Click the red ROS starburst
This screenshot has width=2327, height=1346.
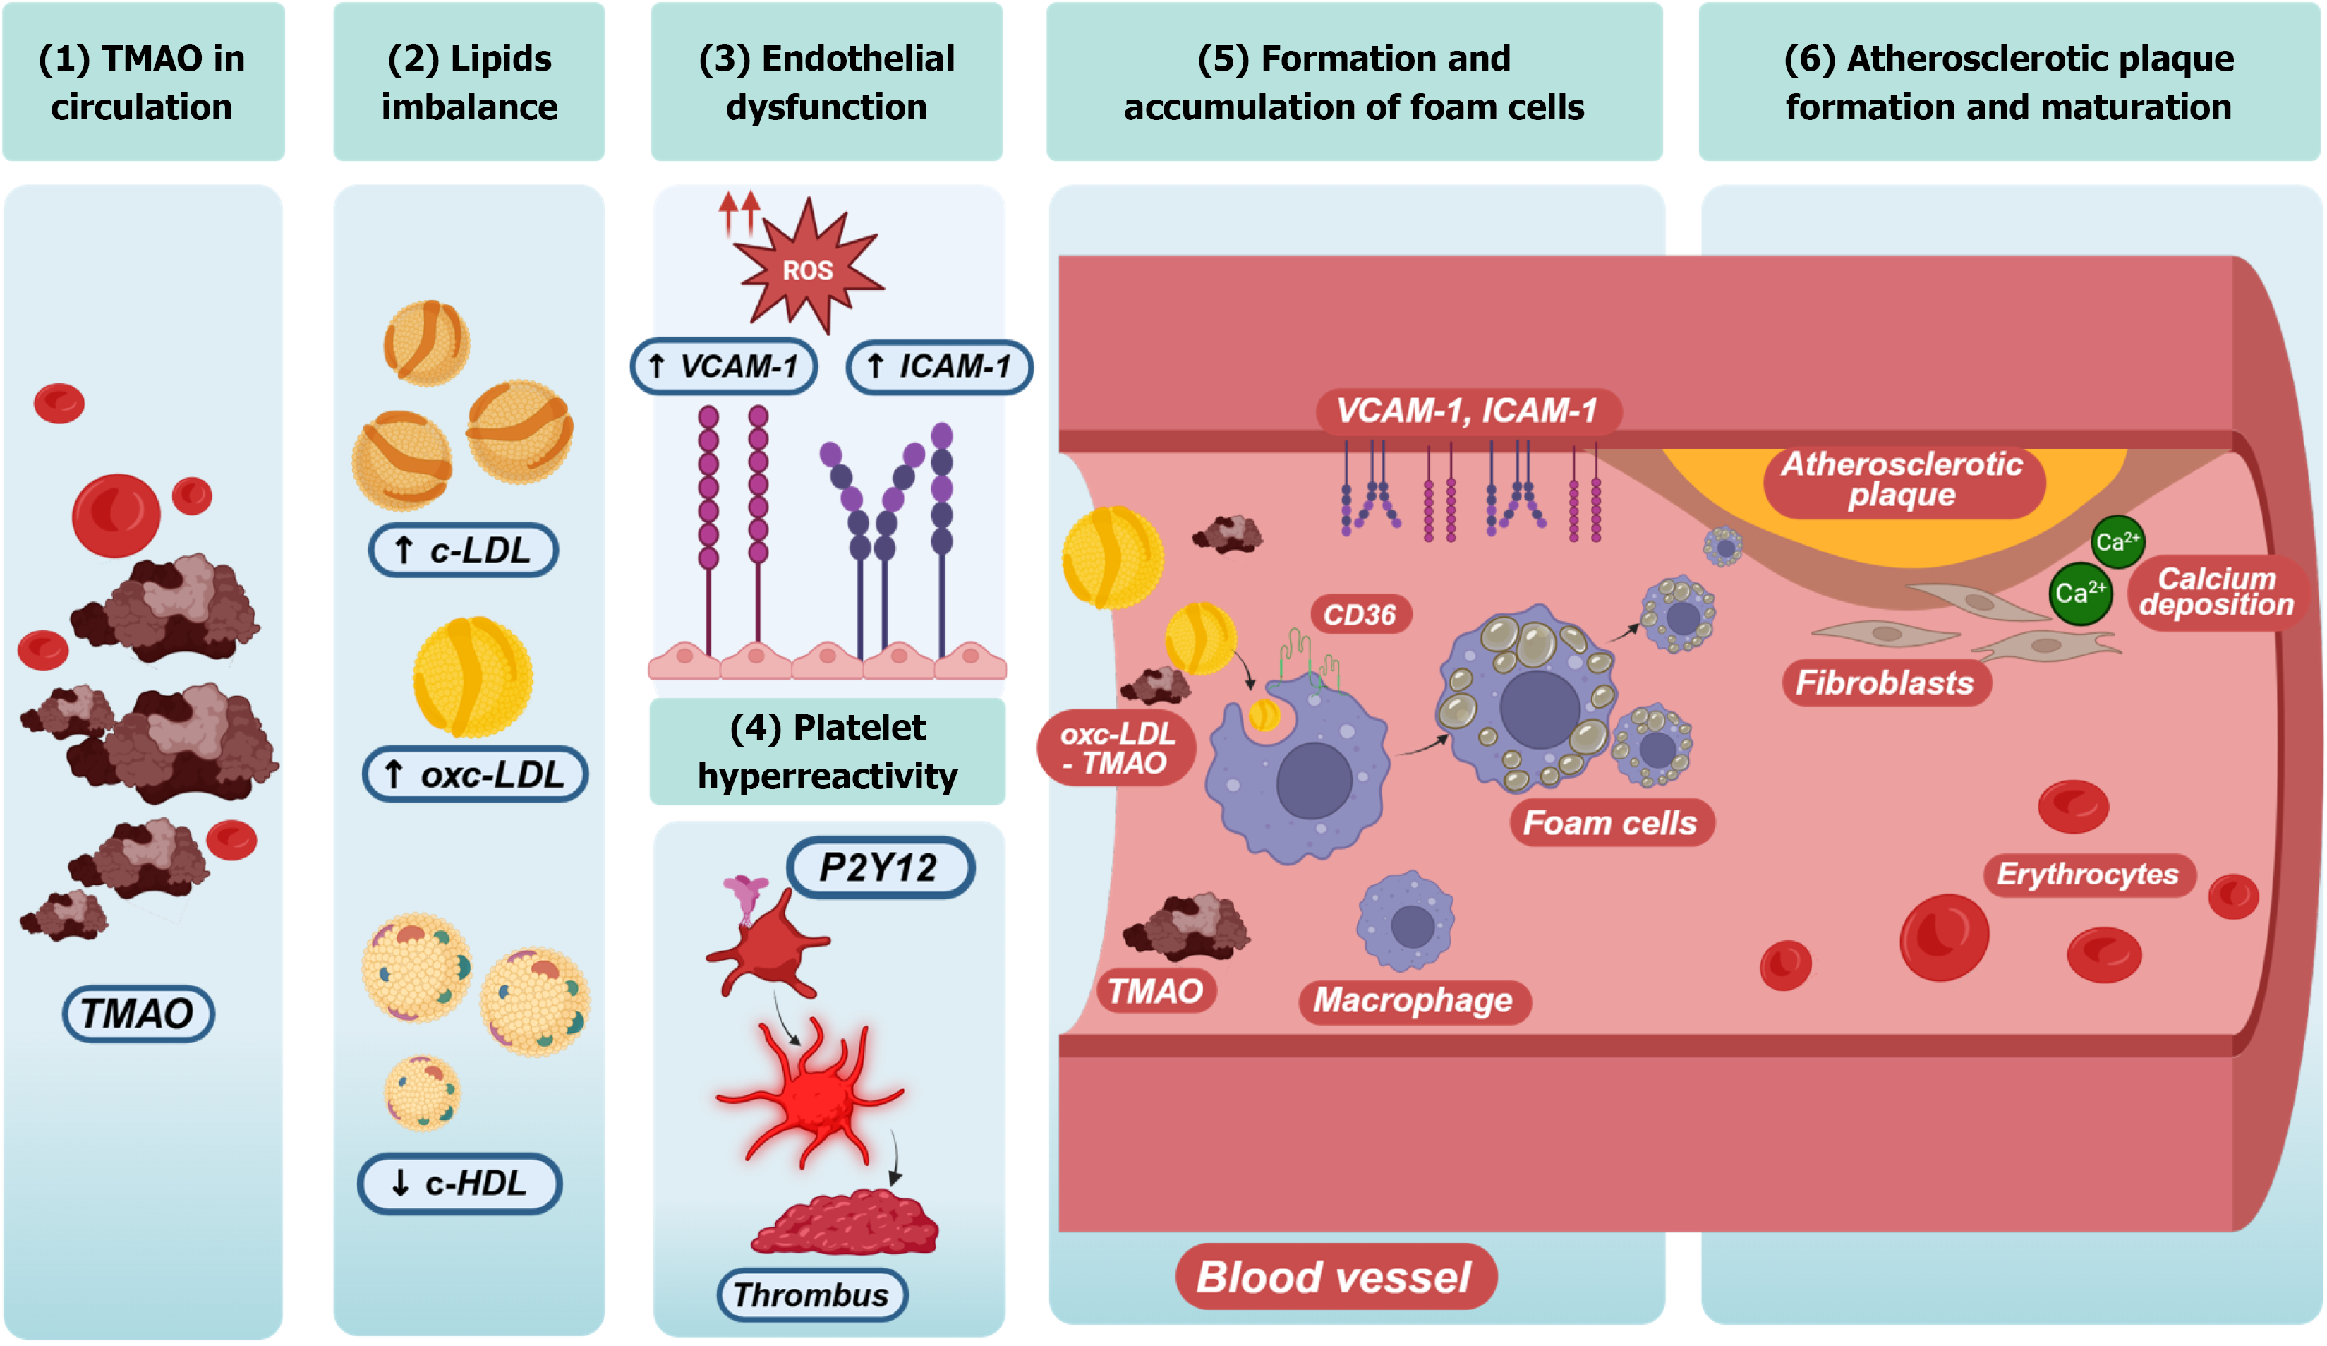(807, 268)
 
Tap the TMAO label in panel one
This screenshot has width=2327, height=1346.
(138, 1014)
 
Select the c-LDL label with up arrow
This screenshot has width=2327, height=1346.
(464, 551)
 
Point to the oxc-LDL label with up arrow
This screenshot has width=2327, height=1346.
(476, 774)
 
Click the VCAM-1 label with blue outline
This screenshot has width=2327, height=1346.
(724, 367)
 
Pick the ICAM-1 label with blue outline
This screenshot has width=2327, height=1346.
(940, 367)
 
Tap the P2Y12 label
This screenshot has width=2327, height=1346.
(880, 867)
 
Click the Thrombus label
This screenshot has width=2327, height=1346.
(811, 1294)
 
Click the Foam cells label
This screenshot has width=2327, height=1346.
(1610, 822)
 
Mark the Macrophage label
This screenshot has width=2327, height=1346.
(1413, 999)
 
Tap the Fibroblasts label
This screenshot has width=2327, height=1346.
(1885, 683)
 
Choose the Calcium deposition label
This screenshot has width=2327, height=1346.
(2216, 592)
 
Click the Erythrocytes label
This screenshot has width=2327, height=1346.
(2088, 874)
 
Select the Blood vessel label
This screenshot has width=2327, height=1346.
(1334, 1277)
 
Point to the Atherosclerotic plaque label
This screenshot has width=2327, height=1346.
(1902, 479)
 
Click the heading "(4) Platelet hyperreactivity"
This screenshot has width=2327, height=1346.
(828, 751)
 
